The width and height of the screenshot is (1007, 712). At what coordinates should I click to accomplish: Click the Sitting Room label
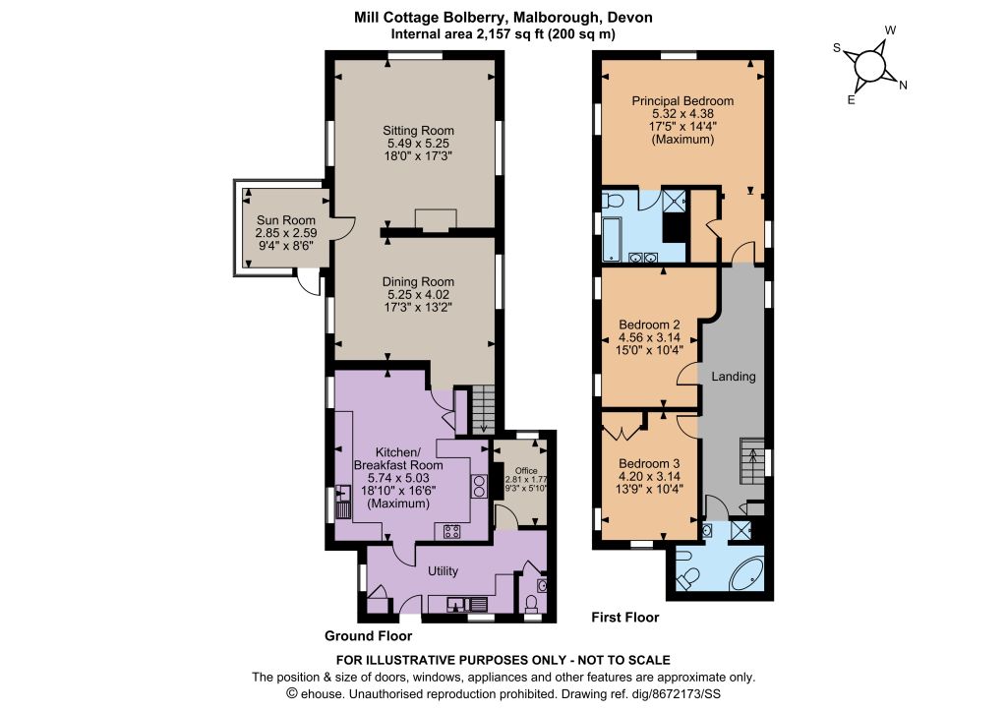(x=418, y=131)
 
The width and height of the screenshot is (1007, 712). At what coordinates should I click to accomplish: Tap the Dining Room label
(x=418, y=282)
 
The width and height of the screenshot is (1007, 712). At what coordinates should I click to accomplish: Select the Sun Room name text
(x=286, y=220)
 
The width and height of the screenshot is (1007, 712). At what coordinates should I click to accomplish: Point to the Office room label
(x=526, y=471)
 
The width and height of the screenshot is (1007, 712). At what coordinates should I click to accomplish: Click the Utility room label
(x=444, y=570)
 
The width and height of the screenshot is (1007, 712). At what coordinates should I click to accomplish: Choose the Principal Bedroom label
(x=682, y=100)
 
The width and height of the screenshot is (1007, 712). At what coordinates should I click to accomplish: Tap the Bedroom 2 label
(x=649, y=325)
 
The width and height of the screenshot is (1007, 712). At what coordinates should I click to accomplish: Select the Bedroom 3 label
(x=649, y=463)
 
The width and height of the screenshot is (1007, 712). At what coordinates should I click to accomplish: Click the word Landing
(x=734, y=377)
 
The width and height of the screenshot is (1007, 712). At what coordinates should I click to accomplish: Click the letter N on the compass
(x=903, y=85)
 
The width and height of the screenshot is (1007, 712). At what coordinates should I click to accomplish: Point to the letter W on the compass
(x=890, y=30)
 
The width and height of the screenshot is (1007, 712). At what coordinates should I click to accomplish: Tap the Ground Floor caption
(x=368, y=635)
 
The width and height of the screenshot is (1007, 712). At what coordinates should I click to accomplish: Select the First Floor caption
(x=624, y=617)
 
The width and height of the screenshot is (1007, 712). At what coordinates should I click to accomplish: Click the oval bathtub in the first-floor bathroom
(x=746, y=574)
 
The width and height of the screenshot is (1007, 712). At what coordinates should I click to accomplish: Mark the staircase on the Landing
(x=752, y=461)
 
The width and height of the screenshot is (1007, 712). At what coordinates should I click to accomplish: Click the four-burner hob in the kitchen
(x=451, y=532)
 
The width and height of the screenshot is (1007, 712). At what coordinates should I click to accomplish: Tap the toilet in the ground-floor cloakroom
(x=531, y=604)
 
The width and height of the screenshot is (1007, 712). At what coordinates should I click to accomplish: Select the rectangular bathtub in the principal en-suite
(x=612, y=239)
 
